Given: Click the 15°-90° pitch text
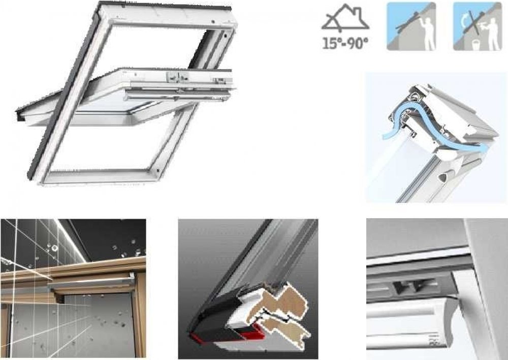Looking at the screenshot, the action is coord(345,43).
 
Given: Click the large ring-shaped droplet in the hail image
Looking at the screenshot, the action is coord(55,248).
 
